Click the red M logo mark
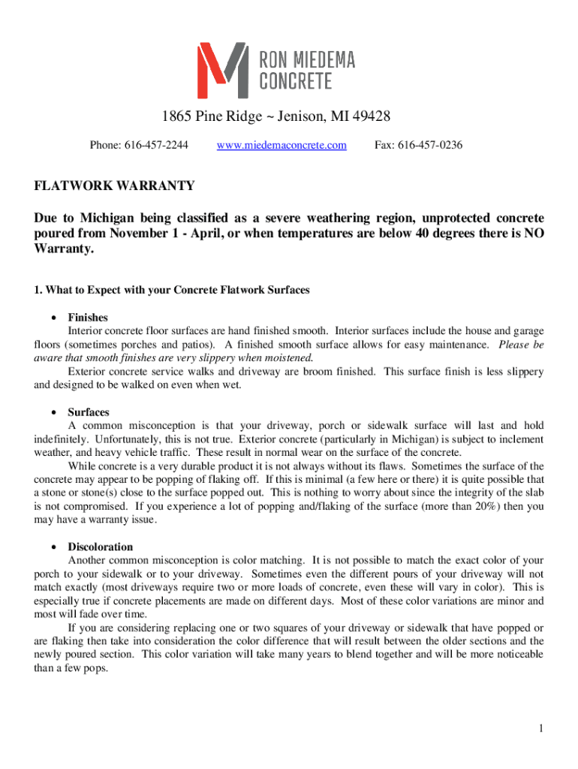coord(222,71)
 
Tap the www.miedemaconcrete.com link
coord(281,145)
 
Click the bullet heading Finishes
coord(88,318)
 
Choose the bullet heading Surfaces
coord(89,412)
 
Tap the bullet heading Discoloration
coord(101,547)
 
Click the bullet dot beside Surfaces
coord(54,413)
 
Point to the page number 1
coord(540,728)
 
